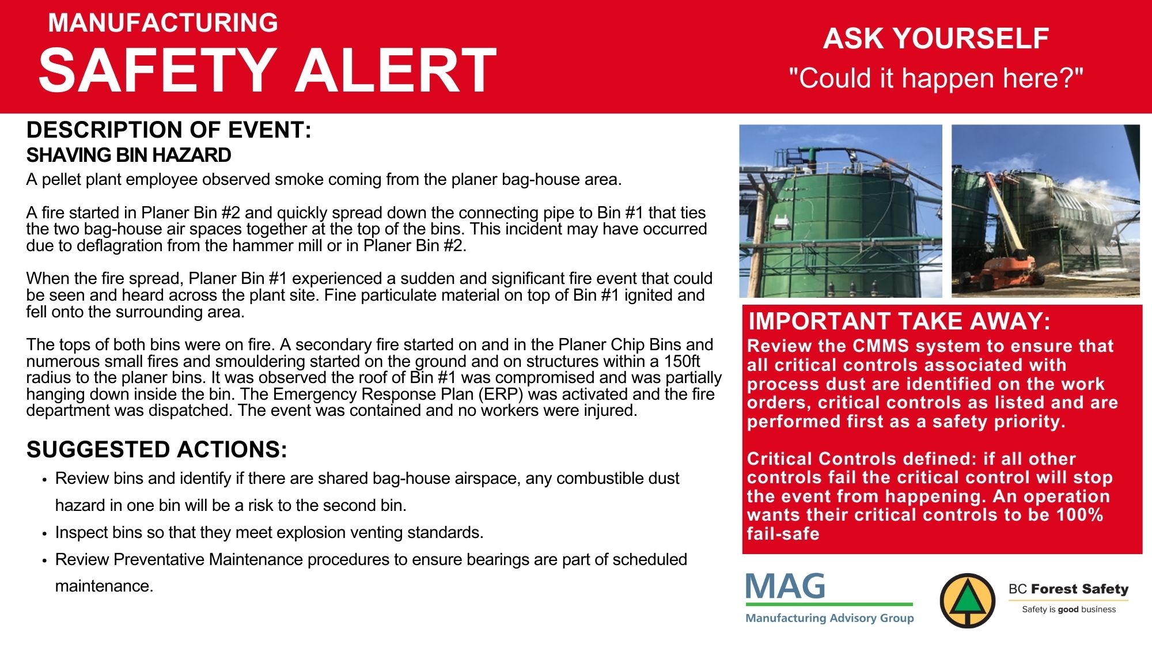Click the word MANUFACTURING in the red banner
(163, 23)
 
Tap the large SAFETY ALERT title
(268, 70)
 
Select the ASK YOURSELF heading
(936, 39)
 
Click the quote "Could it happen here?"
(936, 78)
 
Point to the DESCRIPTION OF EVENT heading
(169, 130)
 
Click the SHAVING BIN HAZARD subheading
(129, 156)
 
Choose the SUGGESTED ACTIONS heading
(157, 450)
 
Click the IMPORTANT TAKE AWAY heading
(899, 321)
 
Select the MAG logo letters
(786, 586)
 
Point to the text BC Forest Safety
(1068, 589)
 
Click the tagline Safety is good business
(1068, 609)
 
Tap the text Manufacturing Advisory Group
(829, 618)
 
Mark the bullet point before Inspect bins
(44, 534)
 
